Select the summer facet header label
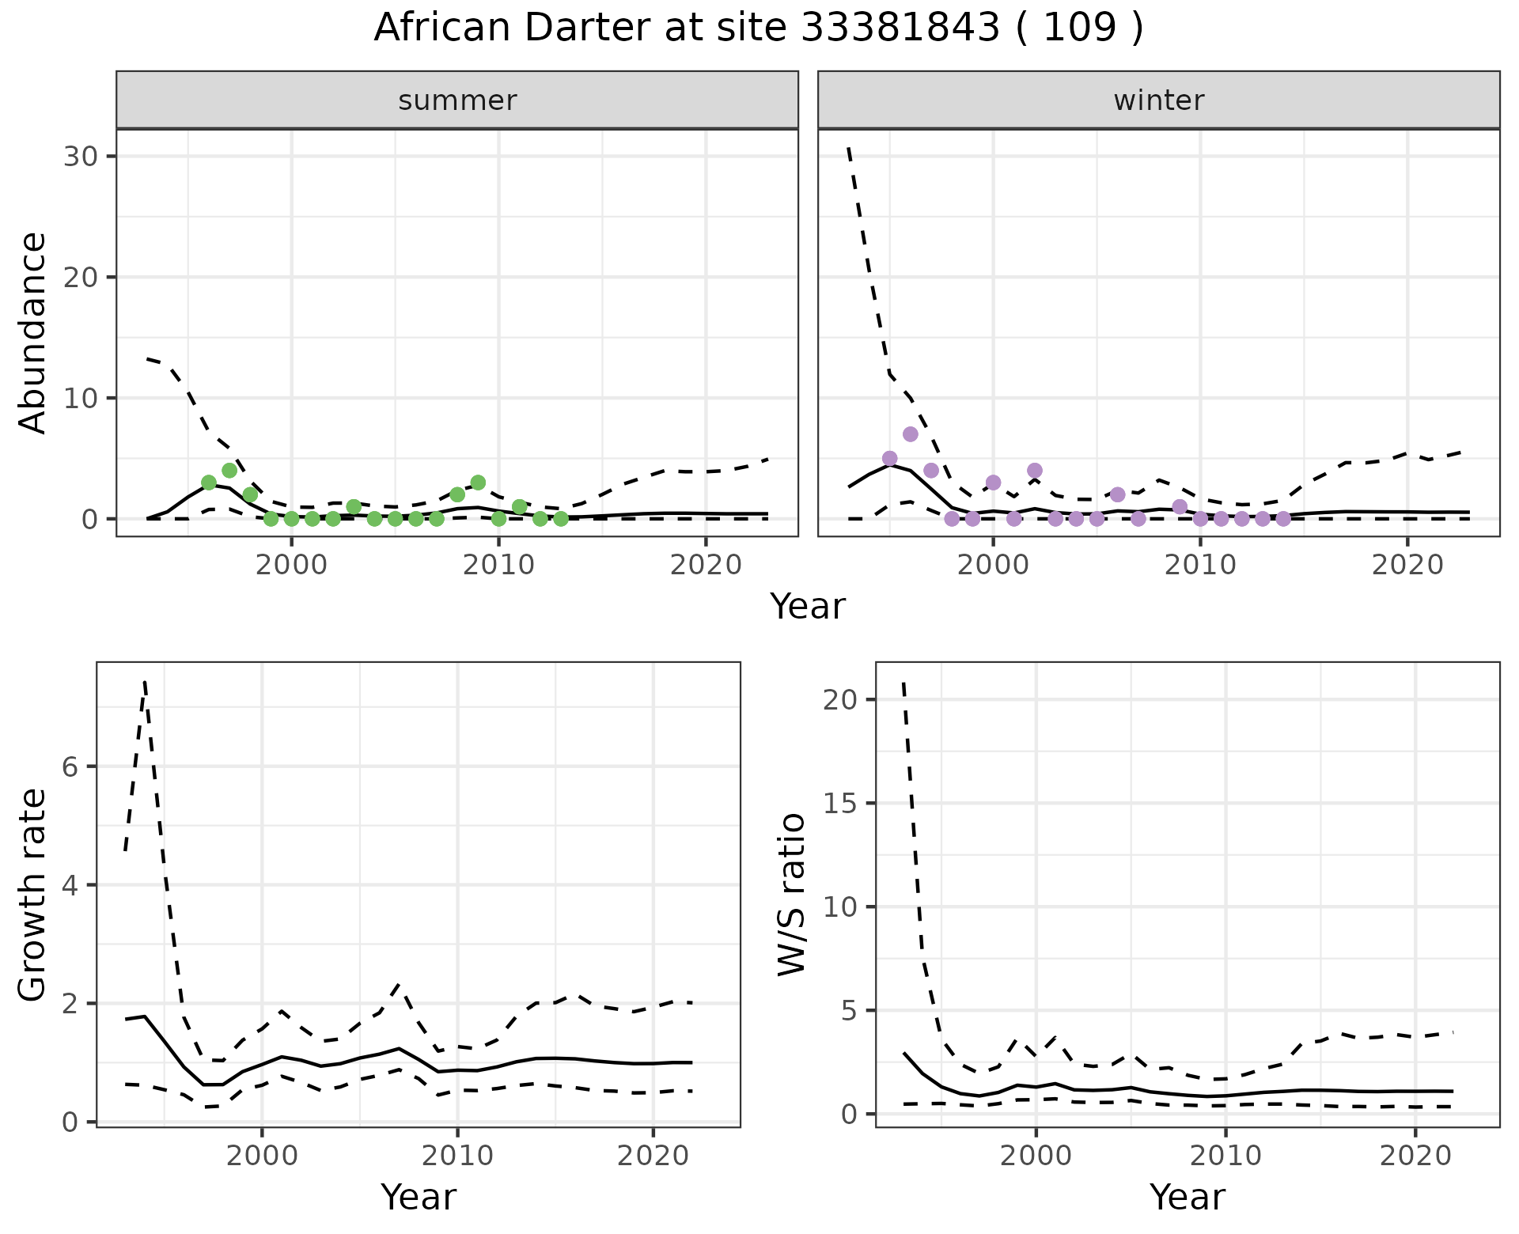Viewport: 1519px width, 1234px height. pyautogui.click(x=457, y=100)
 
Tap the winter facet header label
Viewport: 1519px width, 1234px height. pyautogui.click(x=1158, y=100)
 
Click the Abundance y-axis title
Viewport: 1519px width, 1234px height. pyautogui.click(x=33, y=332)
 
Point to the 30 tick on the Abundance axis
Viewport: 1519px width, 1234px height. pyautogui.click(x=82, y=157)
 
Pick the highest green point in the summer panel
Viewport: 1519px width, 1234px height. pyautogui.click(x=229, y=471)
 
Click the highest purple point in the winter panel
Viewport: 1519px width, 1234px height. pyautogui.click(x=910, y=434)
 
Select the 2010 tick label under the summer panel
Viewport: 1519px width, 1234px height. pyautogui.click(x=498, y=565)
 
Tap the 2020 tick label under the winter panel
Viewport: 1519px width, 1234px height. pyautogui.click(x=1407, y=565)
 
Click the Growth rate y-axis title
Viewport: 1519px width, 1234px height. pyautogui.click(x=33, y=895)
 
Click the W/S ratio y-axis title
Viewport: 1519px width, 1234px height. pyautogui.click(x=792, y=894)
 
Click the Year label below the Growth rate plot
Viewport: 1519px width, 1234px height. pyautogui.click(x=419, y=1198)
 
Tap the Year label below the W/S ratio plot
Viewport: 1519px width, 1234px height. pyautogui.click(x=1187, y=1198)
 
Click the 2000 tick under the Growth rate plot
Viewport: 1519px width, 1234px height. pyautogui.click(x=262, y=1156)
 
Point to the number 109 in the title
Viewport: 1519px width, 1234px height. pyautogui.click(x=1079, y=28)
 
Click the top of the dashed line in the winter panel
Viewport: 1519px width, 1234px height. pyautogui.click(x=849, y=148)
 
